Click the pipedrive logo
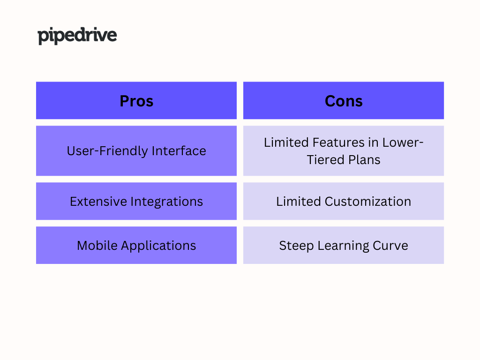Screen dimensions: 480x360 click(x=77, y=36)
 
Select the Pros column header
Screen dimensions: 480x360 click(x=136, y=100)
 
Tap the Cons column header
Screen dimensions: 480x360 click(x=344, y=100)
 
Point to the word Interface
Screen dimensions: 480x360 click(x=179, y=151)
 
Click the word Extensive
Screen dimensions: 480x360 click(x=98, y=202)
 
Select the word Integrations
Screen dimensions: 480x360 click(x=167, y=202)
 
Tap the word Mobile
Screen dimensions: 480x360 click(x=97, y=246)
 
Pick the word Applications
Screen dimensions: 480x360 click(x=158, y=246)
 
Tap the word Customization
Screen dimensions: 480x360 click(x=367, y=202)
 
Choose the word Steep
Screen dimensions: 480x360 click(x=296, y=246)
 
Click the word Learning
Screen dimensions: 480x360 click(x=343, y=246)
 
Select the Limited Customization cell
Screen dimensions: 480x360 click(x=344, y=201)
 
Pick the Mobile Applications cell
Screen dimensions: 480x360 click(x=136, y=245)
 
